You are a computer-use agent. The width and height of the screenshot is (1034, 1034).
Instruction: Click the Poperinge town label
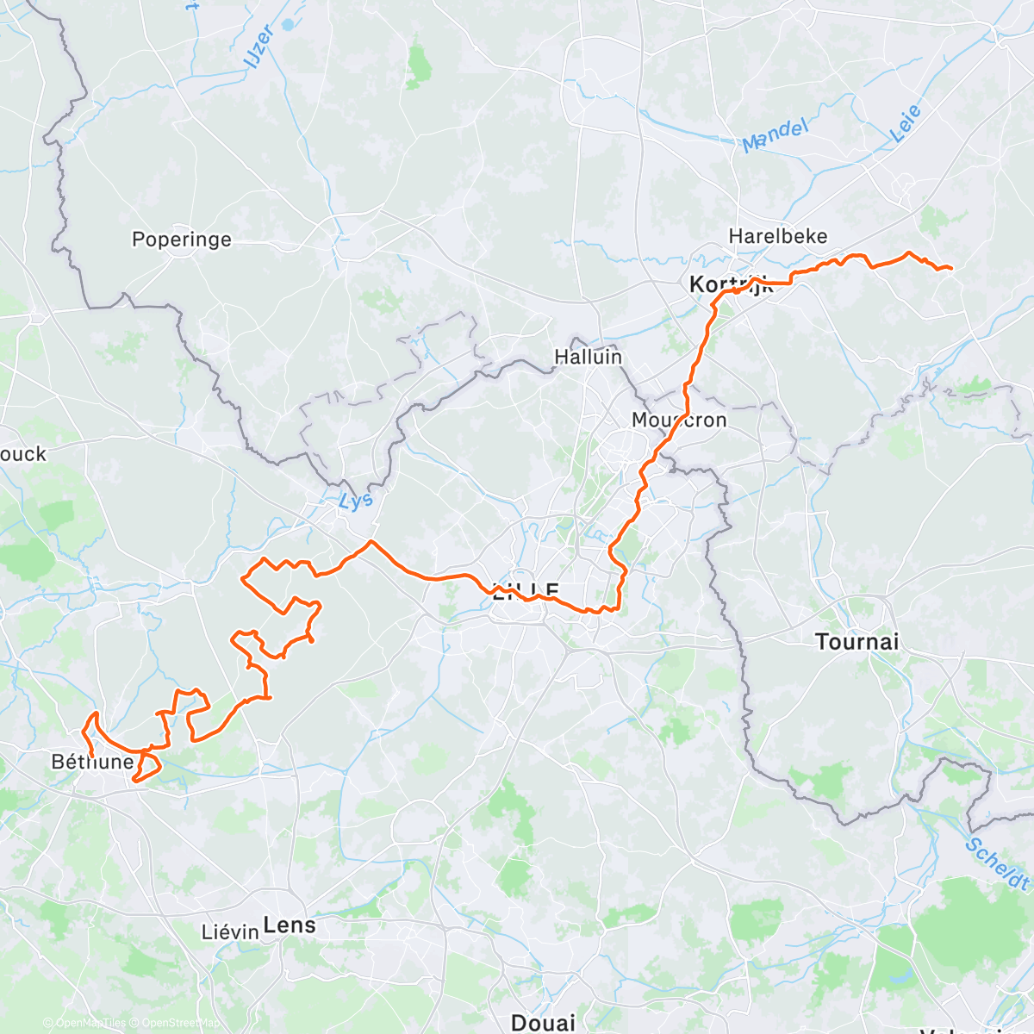point(181,239)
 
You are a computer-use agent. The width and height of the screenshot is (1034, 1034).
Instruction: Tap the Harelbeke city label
point(777,236)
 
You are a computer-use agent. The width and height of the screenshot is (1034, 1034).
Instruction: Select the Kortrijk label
point(731,284)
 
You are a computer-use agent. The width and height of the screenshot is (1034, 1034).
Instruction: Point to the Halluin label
point(588,356)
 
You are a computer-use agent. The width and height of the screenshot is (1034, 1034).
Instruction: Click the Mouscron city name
point(679,420)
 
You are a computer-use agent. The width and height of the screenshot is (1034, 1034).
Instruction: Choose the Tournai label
point(856,641)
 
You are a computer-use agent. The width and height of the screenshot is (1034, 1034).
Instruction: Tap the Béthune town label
point(93,761)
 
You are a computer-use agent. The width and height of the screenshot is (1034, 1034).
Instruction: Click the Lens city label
point(290,925)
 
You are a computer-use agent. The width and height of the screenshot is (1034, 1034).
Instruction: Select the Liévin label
point(230,931)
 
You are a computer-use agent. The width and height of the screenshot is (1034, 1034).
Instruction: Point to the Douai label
point(543,1023)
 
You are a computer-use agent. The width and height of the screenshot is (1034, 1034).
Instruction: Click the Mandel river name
point(775,136)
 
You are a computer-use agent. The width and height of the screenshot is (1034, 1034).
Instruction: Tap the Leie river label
point(906,123)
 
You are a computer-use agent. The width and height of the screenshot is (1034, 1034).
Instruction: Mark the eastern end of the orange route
point(950,269)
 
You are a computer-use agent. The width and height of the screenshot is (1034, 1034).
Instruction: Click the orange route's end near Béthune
point(92,757)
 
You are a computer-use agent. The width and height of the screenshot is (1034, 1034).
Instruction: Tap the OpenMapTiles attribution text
point(84,1023)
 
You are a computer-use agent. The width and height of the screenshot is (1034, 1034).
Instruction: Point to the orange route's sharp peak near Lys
point(371,541)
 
